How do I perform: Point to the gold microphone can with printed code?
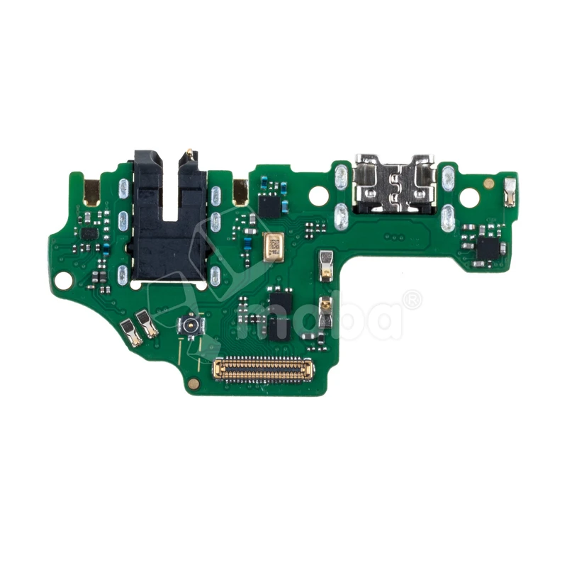(x=273, y=245)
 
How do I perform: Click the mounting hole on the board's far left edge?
(x=64, y=280)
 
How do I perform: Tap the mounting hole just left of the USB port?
(x=318, y=196)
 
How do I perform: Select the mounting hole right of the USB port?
(x=469, y=198)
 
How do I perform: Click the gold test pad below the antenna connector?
(x=193, y=383)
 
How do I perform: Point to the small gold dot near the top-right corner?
(x=488, y=183)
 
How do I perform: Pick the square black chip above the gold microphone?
(x=269, y=206)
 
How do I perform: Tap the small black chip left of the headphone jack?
(x=89, y=234)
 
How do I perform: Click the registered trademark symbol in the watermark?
(x=411, y=300)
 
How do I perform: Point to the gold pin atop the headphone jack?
(x=189, y=152)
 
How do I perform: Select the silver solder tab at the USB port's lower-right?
(x=448, y=218)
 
